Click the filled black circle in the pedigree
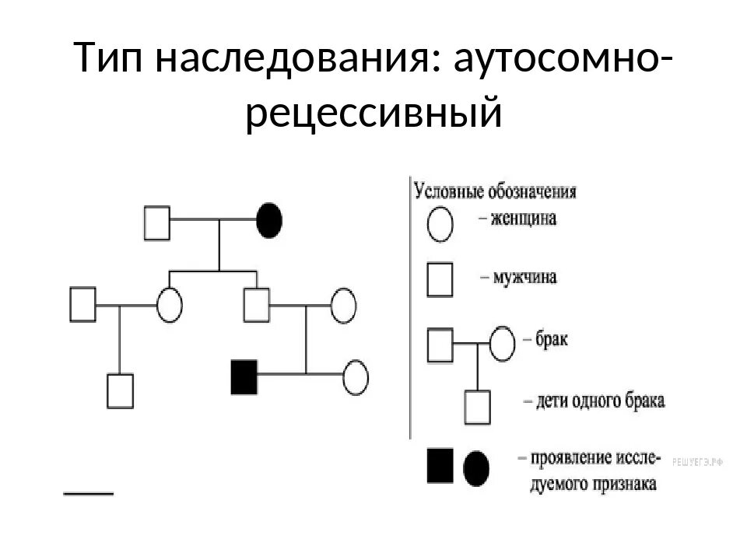269,221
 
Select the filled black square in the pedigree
244,376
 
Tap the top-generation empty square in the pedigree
157,222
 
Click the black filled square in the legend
439,466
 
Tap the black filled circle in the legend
476,468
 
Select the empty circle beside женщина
440,224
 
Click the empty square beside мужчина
440,280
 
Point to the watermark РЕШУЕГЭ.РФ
698,462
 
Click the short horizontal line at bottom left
88,492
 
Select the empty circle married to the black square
356,377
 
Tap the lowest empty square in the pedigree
121,392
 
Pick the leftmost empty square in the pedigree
82,304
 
